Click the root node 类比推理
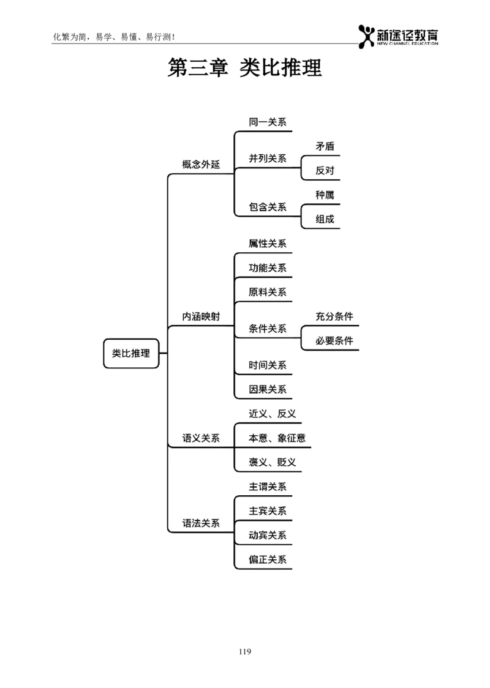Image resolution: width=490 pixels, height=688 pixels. (x=131, y=354)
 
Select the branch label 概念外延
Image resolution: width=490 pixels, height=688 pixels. (x=201, y=165)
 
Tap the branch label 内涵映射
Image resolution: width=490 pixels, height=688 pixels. (x=201, y=316)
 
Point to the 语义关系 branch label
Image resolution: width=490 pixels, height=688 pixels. (x=201, y=438)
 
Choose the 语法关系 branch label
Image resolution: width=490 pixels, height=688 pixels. (x=201, y=523)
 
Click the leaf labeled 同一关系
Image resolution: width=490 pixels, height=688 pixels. (x=268, y=122)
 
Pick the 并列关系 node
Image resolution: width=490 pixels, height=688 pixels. (x=268, y=159)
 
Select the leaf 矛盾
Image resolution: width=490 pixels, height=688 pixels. (x=325, y=146)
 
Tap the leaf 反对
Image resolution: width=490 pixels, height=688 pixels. (x=325, y=171)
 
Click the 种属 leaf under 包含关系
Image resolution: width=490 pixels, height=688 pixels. (x=325, y=195)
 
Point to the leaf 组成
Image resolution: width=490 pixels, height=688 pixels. (x=325, y=219)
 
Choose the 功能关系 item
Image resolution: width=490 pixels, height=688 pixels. (x=268, y=268)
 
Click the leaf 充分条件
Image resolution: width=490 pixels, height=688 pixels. (x=334, y=316)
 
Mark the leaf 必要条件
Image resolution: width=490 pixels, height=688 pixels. (x=334, y=341)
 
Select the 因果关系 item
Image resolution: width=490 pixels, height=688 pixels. (x=268, y=389)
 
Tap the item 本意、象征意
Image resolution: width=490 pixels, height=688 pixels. (x=277, y=438)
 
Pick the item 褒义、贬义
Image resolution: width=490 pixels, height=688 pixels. (x=272, y=462)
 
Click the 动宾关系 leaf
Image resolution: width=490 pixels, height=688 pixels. (x=268, y=535)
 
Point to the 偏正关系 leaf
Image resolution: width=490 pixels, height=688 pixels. (x=268, y=559)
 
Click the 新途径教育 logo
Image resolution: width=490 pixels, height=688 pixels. (x=399, y=39)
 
